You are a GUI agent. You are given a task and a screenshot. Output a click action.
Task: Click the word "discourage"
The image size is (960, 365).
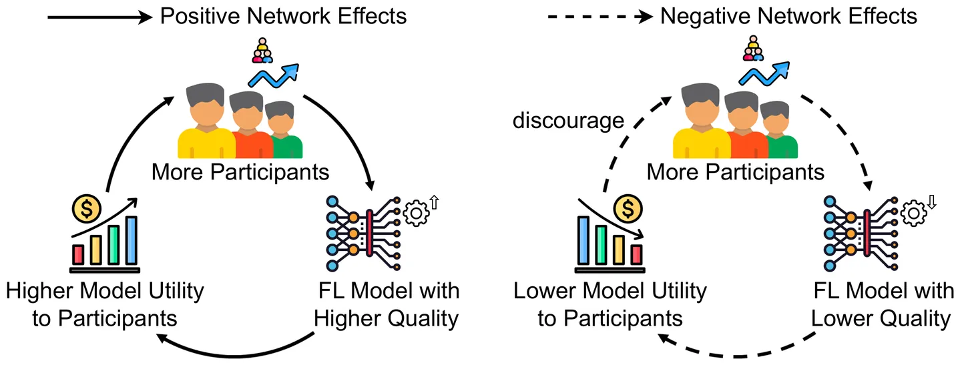pos(569,121)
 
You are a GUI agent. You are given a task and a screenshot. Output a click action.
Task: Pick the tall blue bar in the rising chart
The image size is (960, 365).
pos(131,240)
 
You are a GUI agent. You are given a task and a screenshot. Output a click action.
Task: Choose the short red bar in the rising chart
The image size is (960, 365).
pos(79,254)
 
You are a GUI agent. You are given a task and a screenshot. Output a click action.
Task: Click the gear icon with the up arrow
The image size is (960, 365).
pos(419,213)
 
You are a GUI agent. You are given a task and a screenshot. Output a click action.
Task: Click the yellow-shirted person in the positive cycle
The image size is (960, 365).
pos(206,123)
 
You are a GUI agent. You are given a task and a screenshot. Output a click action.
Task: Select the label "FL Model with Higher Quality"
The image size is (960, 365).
pos(387,305)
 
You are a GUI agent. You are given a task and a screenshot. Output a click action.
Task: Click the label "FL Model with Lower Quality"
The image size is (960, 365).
pos(881,305)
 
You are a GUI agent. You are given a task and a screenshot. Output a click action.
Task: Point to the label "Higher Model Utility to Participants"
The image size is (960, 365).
pos(104,305)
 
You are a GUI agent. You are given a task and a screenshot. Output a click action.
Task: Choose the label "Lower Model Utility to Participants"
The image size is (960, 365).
pos(610,305)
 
